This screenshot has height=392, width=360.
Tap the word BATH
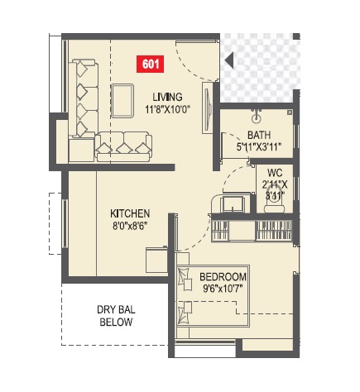pyautogui.click(x=259, y=136)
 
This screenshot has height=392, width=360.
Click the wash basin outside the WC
pyautogui.click(x=230, y=203)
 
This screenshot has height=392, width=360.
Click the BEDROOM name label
pyautogui.click(x=223, y=276)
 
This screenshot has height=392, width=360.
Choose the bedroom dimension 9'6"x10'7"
pyautogui.click(x=223, y=289)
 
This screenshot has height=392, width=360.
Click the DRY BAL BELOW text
pyautogui.click(x=115, y=316)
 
